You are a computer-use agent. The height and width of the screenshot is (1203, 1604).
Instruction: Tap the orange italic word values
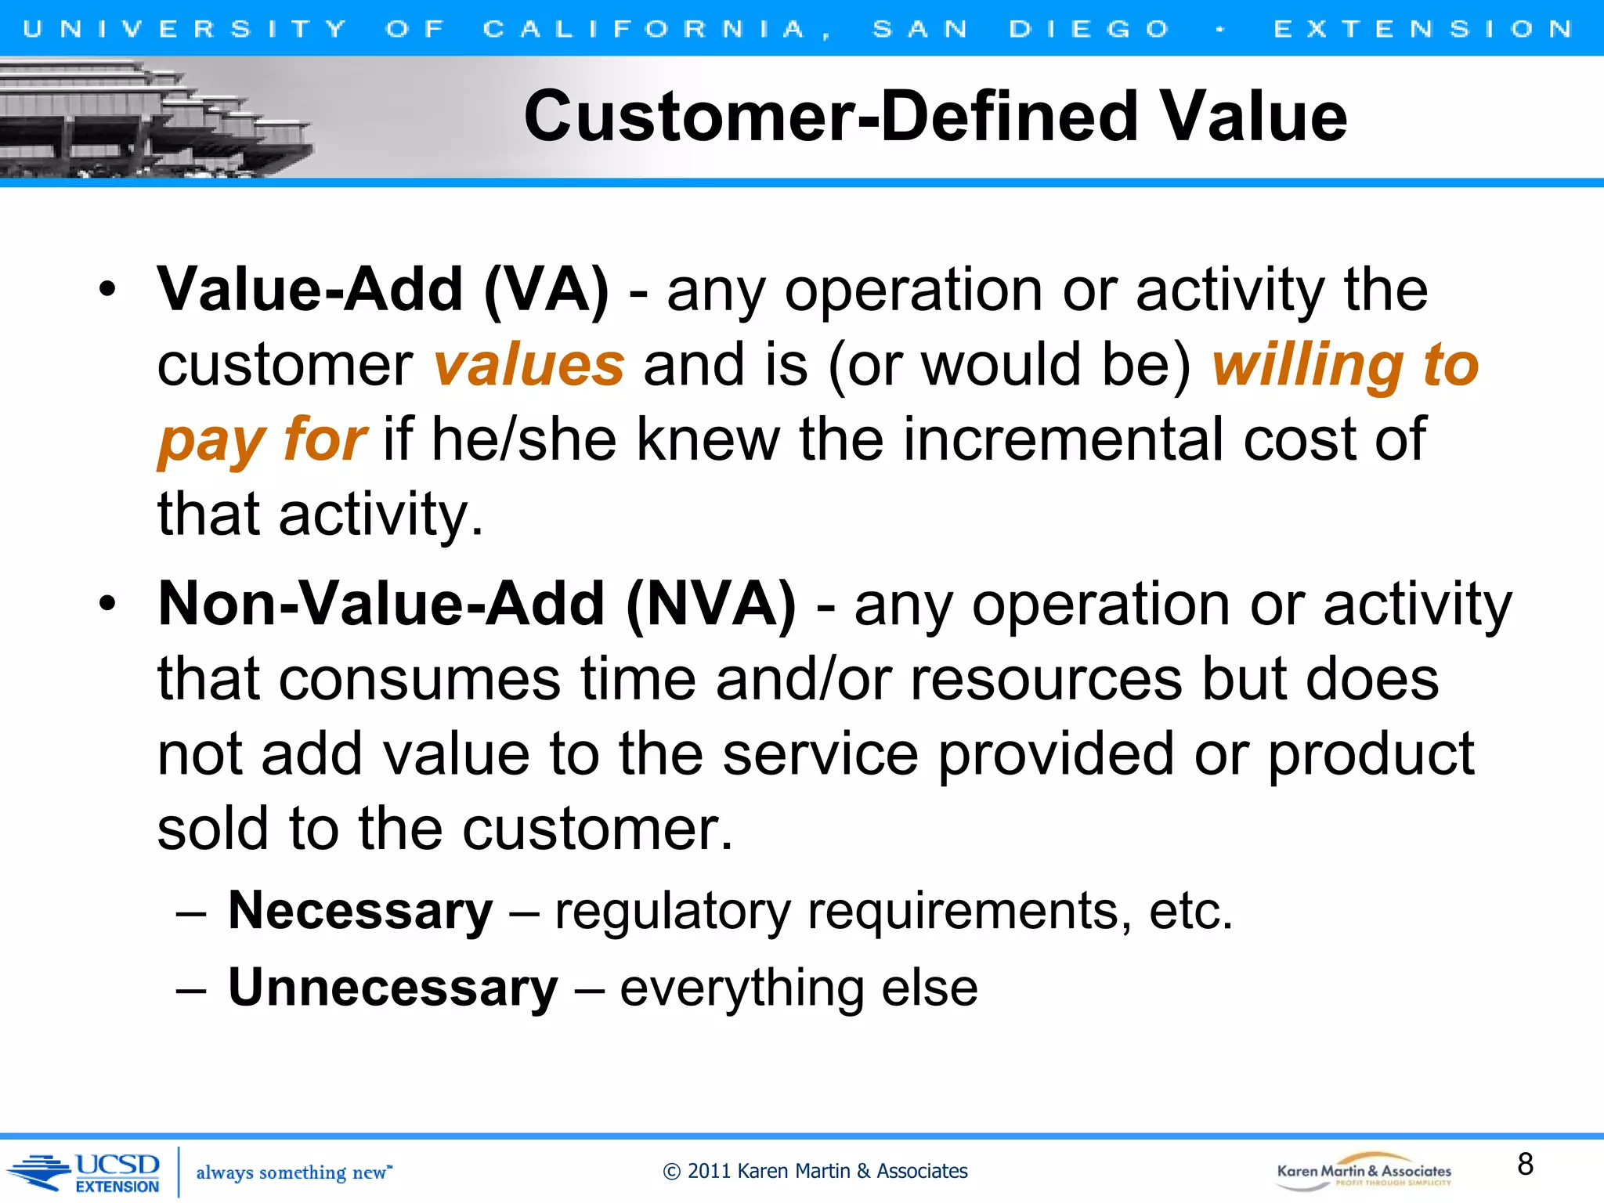click(x=529, y=366)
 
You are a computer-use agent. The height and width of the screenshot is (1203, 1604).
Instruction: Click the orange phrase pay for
click(x=262, y=440)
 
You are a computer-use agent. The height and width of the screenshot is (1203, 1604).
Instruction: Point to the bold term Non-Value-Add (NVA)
click(x=476, y=605)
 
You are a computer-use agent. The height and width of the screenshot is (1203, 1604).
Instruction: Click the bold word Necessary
click(x=360, y=911)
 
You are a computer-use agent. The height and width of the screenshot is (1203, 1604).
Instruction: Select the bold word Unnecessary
click(x=392, y=988)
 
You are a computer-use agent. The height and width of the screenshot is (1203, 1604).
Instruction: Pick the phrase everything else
click(x=799, y=988)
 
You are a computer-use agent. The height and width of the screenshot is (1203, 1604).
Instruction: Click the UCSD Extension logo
click(x=86, y=1172)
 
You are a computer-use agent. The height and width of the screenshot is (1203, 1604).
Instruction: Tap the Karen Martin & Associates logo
click(x=1364, y=1172)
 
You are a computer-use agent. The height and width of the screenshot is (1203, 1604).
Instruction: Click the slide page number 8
click(x=1525, y=1164)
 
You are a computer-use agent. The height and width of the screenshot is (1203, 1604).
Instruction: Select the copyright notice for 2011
click(x=815, y=1172)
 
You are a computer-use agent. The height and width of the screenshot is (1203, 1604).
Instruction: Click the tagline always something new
click(x=293, y=1172)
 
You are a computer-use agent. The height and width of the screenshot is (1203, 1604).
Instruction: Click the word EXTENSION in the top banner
click(x=1422, y=30)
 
